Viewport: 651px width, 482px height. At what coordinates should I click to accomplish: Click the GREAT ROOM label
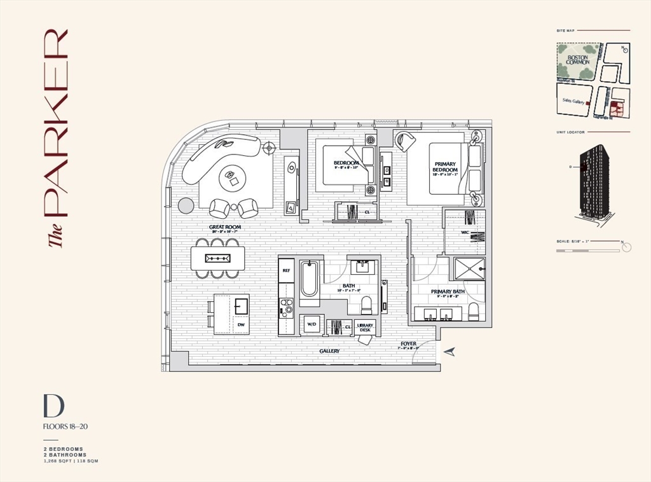[x=225, y=227]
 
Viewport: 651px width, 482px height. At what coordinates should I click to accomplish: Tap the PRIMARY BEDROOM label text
[x=445, y=166]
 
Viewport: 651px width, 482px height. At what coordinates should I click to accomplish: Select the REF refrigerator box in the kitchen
[x=286, y=270]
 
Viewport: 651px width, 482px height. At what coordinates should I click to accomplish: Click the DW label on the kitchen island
[x=241, y=324]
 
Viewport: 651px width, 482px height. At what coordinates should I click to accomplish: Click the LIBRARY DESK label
[x=365, y=327]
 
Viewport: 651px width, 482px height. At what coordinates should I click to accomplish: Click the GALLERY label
[x=329, y=351]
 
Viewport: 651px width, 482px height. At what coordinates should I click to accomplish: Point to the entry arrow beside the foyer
[x=450, y=352]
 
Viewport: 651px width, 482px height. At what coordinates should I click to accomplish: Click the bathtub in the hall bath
[x=309, y=279]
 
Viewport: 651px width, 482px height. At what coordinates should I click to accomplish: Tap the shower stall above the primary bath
[x=469, y=268]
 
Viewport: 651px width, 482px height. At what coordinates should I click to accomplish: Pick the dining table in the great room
[x=217, y=258]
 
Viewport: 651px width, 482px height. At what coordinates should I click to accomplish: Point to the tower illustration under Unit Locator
[x=594, y=182]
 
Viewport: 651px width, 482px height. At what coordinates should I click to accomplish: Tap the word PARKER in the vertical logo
[x=55, y=121]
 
